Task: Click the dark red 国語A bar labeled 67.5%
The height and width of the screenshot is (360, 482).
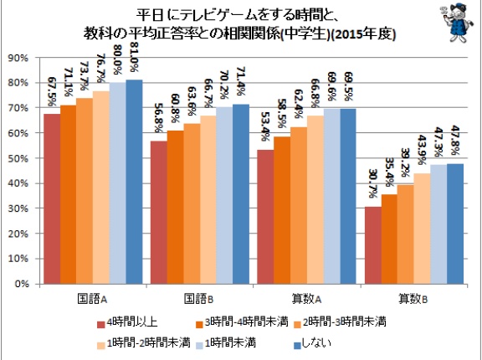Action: [x=52, y=198]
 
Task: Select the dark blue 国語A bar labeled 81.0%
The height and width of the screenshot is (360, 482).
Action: [x=134, y=182]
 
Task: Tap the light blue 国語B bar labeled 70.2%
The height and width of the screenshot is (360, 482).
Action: [x=224, y=195]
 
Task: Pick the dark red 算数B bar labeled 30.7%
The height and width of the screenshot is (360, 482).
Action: [x=373, y=245]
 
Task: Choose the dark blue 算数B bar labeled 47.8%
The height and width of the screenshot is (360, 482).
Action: [x=455, y=224]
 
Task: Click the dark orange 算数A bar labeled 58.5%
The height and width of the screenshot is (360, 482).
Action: [x=282, y=210]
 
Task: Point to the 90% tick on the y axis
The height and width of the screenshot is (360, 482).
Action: [x=18, y=58]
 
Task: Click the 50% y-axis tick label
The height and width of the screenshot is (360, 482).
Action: [x=18, y=158]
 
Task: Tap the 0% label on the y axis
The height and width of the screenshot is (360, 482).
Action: [x=22, y=284]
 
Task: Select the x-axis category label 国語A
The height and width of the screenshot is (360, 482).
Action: [x=92, y=299]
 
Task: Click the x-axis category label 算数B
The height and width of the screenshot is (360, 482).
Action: [x=413, y=299]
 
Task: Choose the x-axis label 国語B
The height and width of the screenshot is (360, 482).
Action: [x=199, y=299]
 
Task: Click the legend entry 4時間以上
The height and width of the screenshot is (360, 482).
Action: [x=127, y=322]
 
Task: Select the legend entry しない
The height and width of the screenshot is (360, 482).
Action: [x=312, y=343]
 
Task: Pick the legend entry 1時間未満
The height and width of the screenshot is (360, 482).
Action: [x=226, y=343]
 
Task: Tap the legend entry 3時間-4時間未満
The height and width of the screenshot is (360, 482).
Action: [x=242, y=322]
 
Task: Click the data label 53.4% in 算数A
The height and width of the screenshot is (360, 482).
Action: [x=265, y=126]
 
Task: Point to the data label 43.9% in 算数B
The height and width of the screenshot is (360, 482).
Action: [x=422, y=150]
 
